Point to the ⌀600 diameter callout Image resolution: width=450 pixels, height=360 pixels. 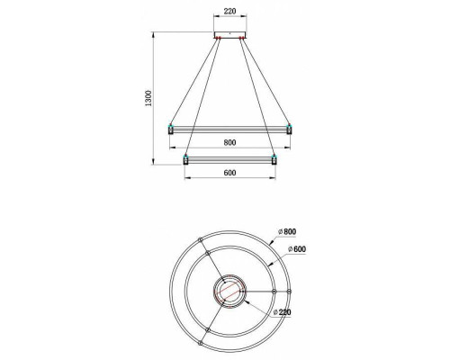click(298, 248)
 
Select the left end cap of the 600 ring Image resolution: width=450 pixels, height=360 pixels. click(185, 161)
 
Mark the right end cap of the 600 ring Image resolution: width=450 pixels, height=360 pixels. click(274, 161)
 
